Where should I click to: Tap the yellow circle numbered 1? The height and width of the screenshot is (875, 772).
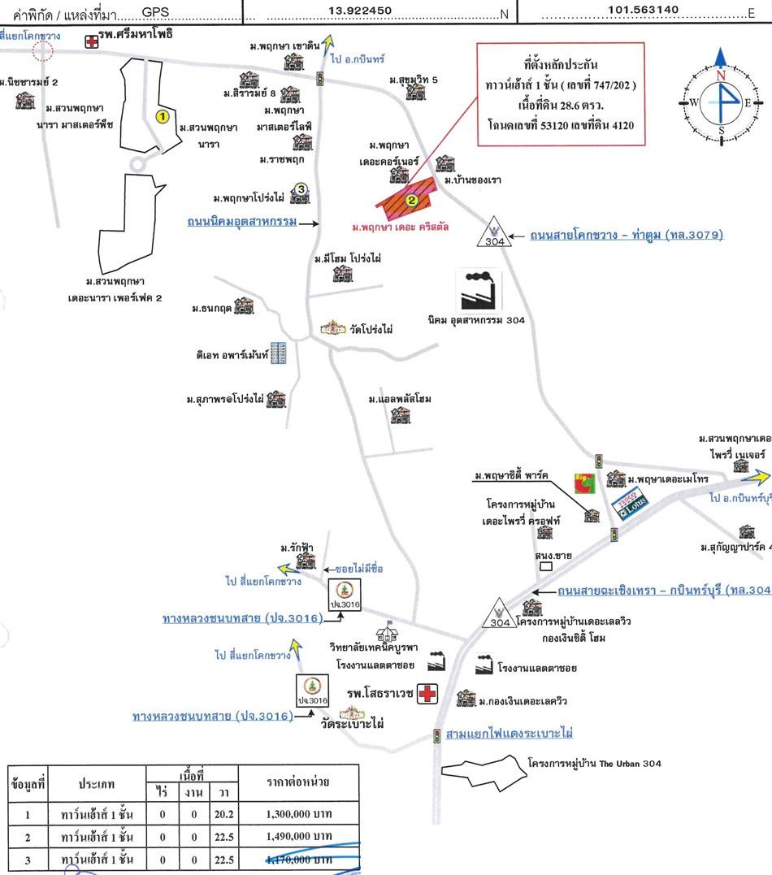pos(162,117)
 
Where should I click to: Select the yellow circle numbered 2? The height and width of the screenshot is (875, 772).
pos(412,200)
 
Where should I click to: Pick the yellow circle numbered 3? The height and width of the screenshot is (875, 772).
pos(301,189)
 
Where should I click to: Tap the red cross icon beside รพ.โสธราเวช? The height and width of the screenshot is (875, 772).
pos(427,694)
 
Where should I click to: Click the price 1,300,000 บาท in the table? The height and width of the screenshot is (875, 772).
pos(299,813)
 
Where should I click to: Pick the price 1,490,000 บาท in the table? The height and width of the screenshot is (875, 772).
pos(299,836)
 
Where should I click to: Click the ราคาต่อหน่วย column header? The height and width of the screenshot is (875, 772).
pos(299,782)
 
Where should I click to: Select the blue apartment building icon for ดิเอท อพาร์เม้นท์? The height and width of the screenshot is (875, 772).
pos(280,353)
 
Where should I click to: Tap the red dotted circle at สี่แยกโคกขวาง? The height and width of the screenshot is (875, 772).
pos(41,52)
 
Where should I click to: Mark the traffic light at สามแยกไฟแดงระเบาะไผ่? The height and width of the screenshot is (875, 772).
pos(437,736)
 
